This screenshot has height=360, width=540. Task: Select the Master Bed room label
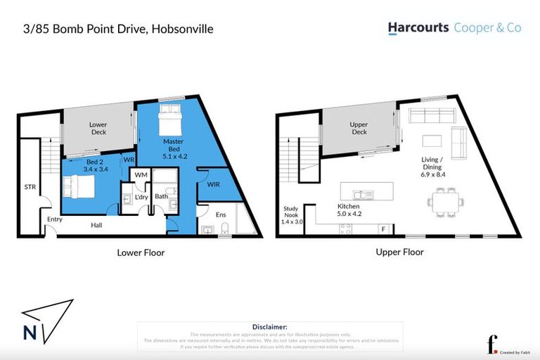pyautogui.click(x=173, y=146)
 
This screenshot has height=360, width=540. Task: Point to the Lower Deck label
pyautogui.click(x=98, y=128)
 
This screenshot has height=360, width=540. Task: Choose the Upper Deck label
pyautogui.click(x=359, y=128)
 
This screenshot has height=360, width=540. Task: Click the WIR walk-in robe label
pyautogui.click(x=212, y=184)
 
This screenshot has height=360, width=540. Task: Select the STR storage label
pyautogui.click(x=30, y=187)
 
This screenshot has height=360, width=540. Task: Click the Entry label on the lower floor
pyautogui.click(x=55, y=219)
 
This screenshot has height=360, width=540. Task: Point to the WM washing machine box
pyautogui.click(x=141, y=174)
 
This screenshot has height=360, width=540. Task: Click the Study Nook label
pyautogui.click(x=291, y=212)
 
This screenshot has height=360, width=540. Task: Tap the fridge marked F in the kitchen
pyautogui.click(x=382, y=229)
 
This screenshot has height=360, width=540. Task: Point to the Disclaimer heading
pyautogui.click(x=269, y=327)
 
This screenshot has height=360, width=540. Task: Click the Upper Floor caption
pyautogui.click(x=399, y=252)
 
